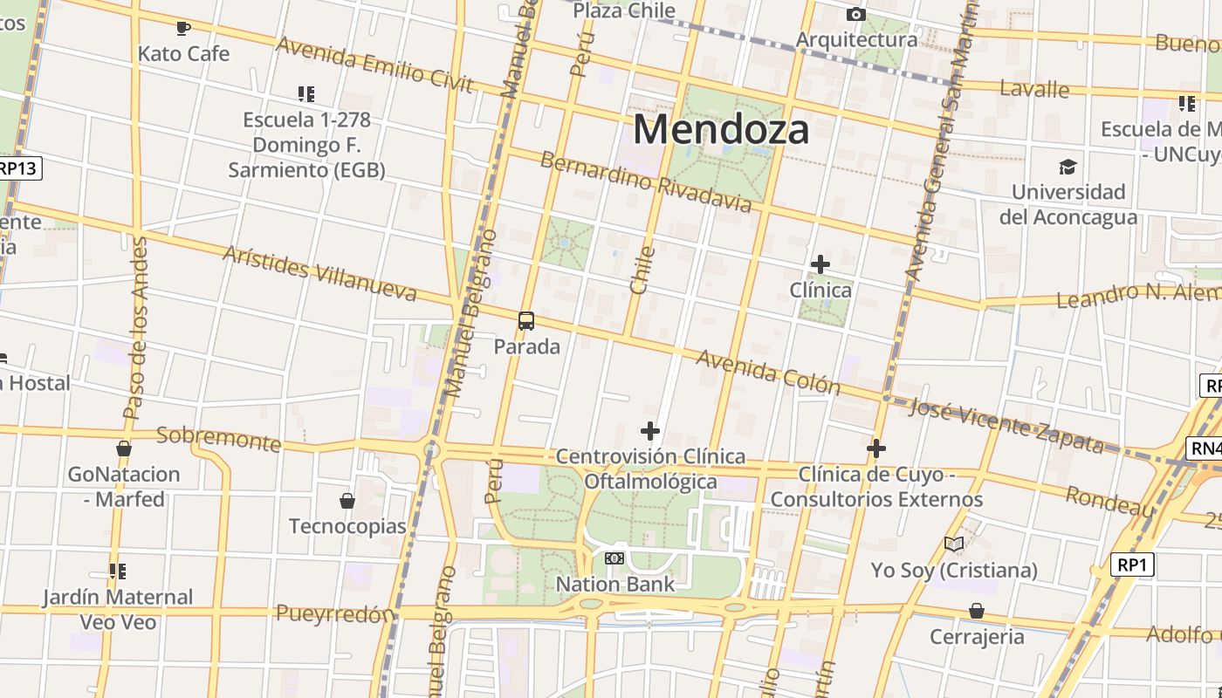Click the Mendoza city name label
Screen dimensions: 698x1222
tap(721, 129)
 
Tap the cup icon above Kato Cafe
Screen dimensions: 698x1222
tap(183, 29)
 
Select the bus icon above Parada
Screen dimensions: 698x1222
tap(526, 321)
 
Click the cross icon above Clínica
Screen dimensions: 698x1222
tap(820, 263)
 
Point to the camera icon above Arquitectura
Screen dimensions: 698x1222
tap(856, 14)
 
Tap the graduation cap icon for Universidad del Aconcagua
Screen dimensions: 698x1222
tap(1068, 167)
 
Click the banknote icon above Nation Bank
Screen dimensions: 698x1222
tap(614, 558)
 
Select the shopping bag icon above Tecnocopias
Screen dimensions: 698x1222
tap(347, 501)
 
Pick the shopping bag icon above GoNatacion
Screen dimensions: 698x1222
tap(124, 448)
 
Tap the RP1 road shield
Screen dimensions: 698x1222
tap(1132, 565)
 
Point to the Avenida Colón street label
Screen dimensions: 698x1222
tap(768, 373)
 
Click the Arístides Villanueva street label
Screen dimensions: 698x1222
tap(319, 273)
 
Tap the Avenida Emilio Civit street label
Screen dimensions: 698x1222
tap(374, 64)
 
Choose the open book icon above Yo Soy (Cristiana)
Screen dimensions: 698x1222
tap(954, 544)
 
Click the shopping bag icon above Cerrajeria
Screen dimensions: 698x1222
tap(977, 610)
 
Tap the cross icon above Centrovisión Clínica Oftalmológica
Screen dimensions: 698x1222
tap(650, 431)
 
